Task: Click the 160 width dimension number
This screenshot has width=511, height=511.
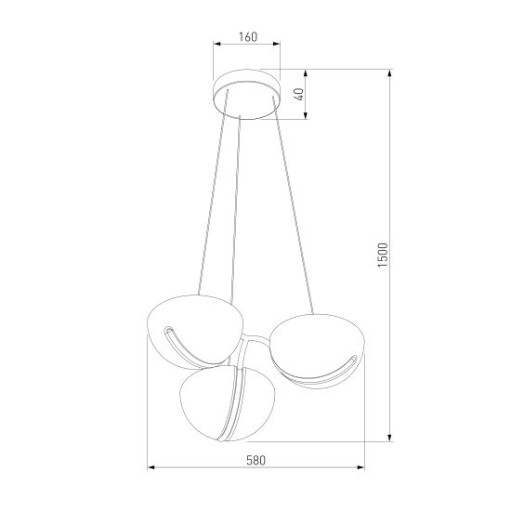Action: tap(246, 37)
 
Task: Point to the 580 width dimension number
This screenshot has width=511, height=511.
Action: tap(256, 458)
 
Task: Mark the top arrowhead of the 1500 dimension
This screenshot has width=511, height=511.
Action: tap(388, 73)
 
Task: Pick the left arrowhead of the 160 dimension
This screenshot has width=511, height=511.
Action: tap(216, 46)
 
